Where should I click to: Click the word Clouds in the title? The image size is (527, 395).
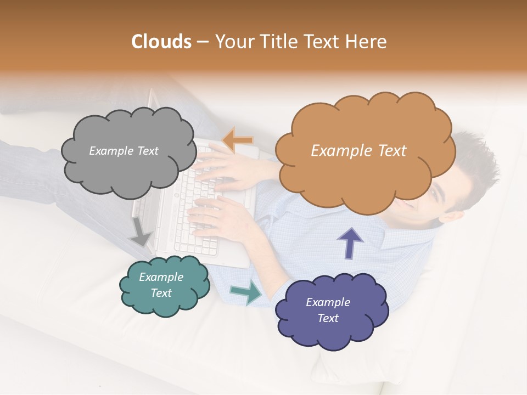pyautogui.click(x=161, y=42)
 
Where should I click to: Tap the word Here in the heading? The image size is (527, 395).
pyautogui.click(x=367, y=42)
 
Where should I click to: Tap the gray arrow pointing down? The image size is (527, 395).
pyautogui.click(x=141, y=232)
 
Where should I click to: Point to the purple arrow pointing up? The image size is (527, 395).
pyautogui.click(x=350, y=242)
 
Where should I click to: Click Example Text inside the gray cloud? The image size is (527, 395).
pyautogui.click(x=124, y=151)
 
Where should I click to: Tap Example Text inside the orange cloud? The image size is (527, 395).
pyautogui.click(x=358, y=151)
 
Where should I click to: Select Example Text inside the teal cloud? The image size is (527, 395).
pyautogui.click(x=161, y=285)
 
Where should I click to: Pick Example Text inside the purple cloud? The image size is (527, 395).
pyautogui.click(x=328, y=310)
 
